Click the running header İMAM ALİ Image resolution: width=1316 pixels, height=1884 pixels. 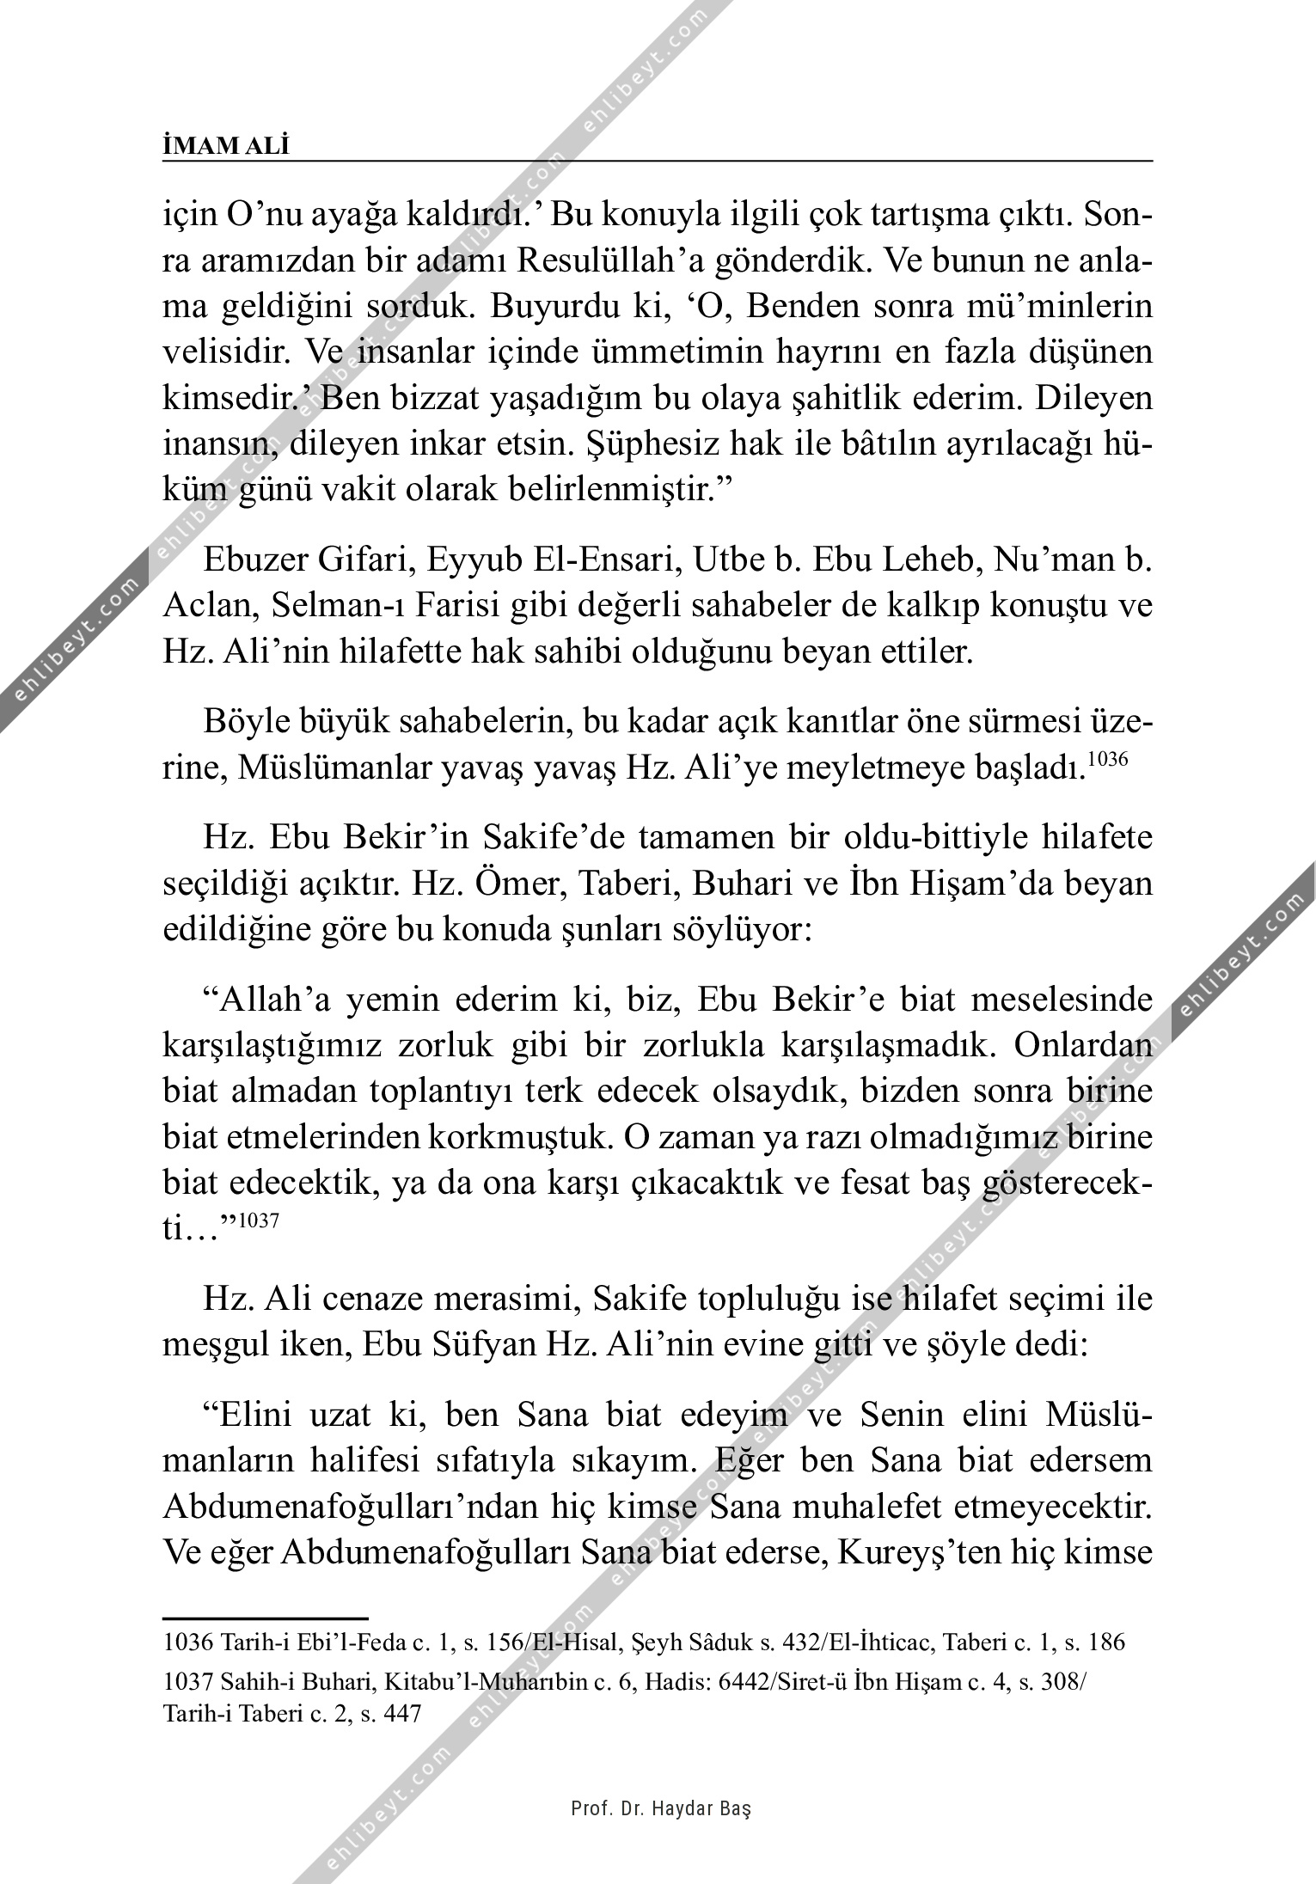226,146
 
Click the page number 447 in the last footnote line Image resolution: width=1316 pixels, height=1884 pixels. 401,1713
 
